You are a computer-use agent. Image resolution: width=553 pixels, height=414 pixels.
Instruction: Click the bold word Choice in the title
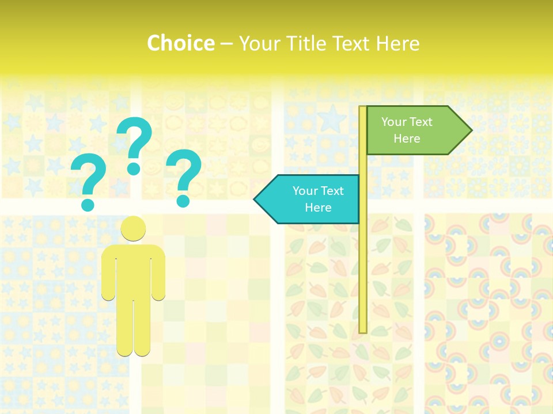[x=180, y=43]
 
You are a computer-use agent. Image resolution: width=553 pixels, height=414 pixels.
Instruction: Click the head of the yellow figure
[x=133, y=228]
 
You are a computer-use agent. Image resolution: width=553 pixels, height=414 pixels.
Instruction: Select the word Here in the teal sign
[x=318, y=208]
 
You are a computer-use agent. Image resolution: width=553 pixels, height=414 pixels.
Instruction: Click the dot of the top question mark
[x=134, y=168]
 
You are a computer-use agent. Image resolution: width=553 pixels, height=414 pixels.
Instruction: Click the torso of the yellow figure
[x=133, y=270]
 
